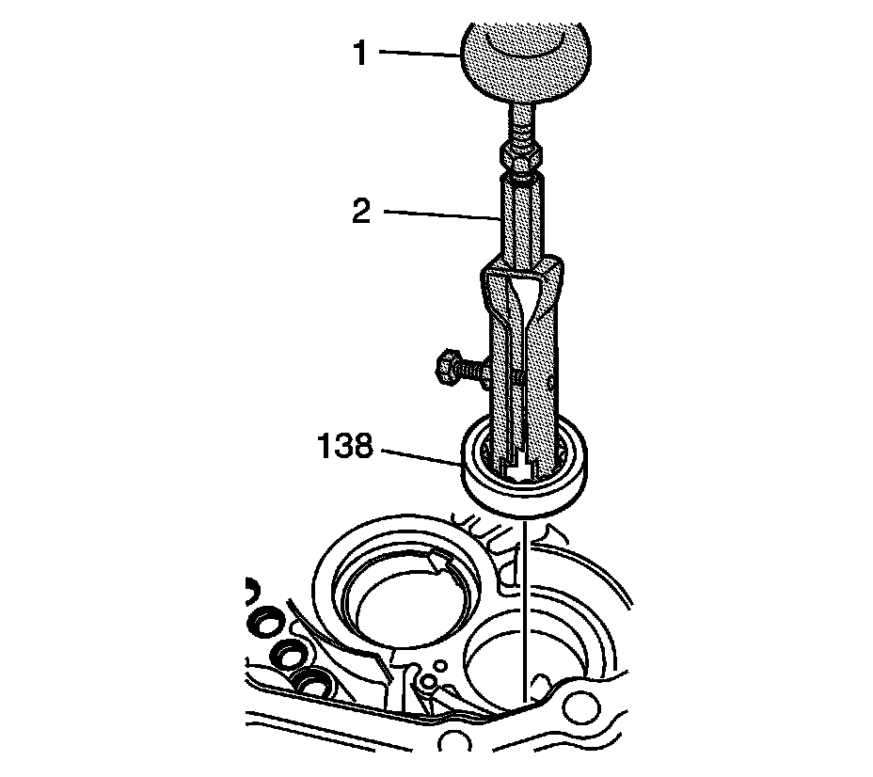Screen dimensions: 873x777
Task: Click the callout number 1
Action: coord(358,53)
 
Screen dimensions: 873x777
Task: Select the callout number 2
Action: coord(359,211)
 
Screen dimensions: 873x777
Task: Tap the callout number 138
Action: coord(345,445)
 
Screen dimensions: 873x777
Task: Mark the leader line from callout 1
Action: coord(420,55)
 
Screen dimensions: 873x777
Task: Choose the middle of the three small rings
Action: coord(290,655)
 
